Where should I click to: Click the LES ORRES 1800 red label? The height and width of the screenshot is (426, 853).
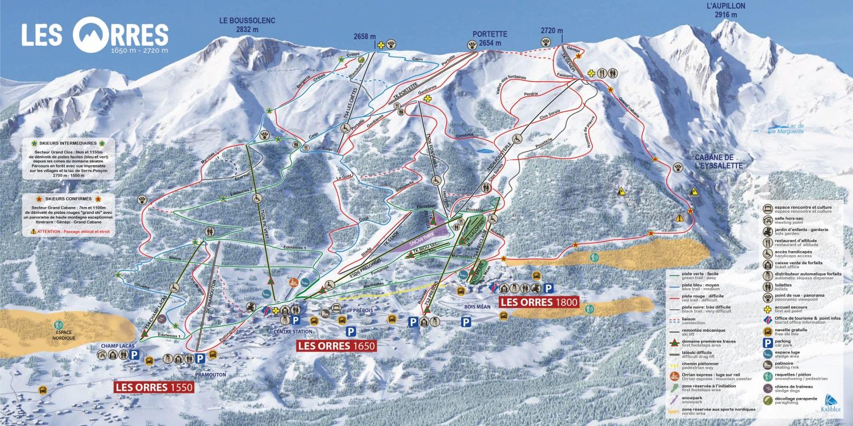tap(539, 302)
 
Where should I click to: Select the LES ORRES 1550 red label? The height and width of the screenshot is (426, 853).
tap(154, 387)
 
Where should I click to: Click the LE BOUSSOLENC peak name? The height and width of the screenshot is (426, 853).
tap(247, 25)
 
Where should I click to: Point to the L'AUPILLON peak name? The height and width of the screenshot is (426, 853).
tap(726, 10)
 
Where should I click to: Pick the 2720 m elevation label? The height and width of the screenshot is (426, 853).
tap(552, 31)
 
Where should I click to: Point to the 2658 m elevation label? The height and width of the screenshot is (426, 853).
tap(365, 36)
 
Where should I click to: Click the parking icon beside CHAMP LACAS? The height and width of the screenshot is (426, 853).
tap(134, 355)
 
